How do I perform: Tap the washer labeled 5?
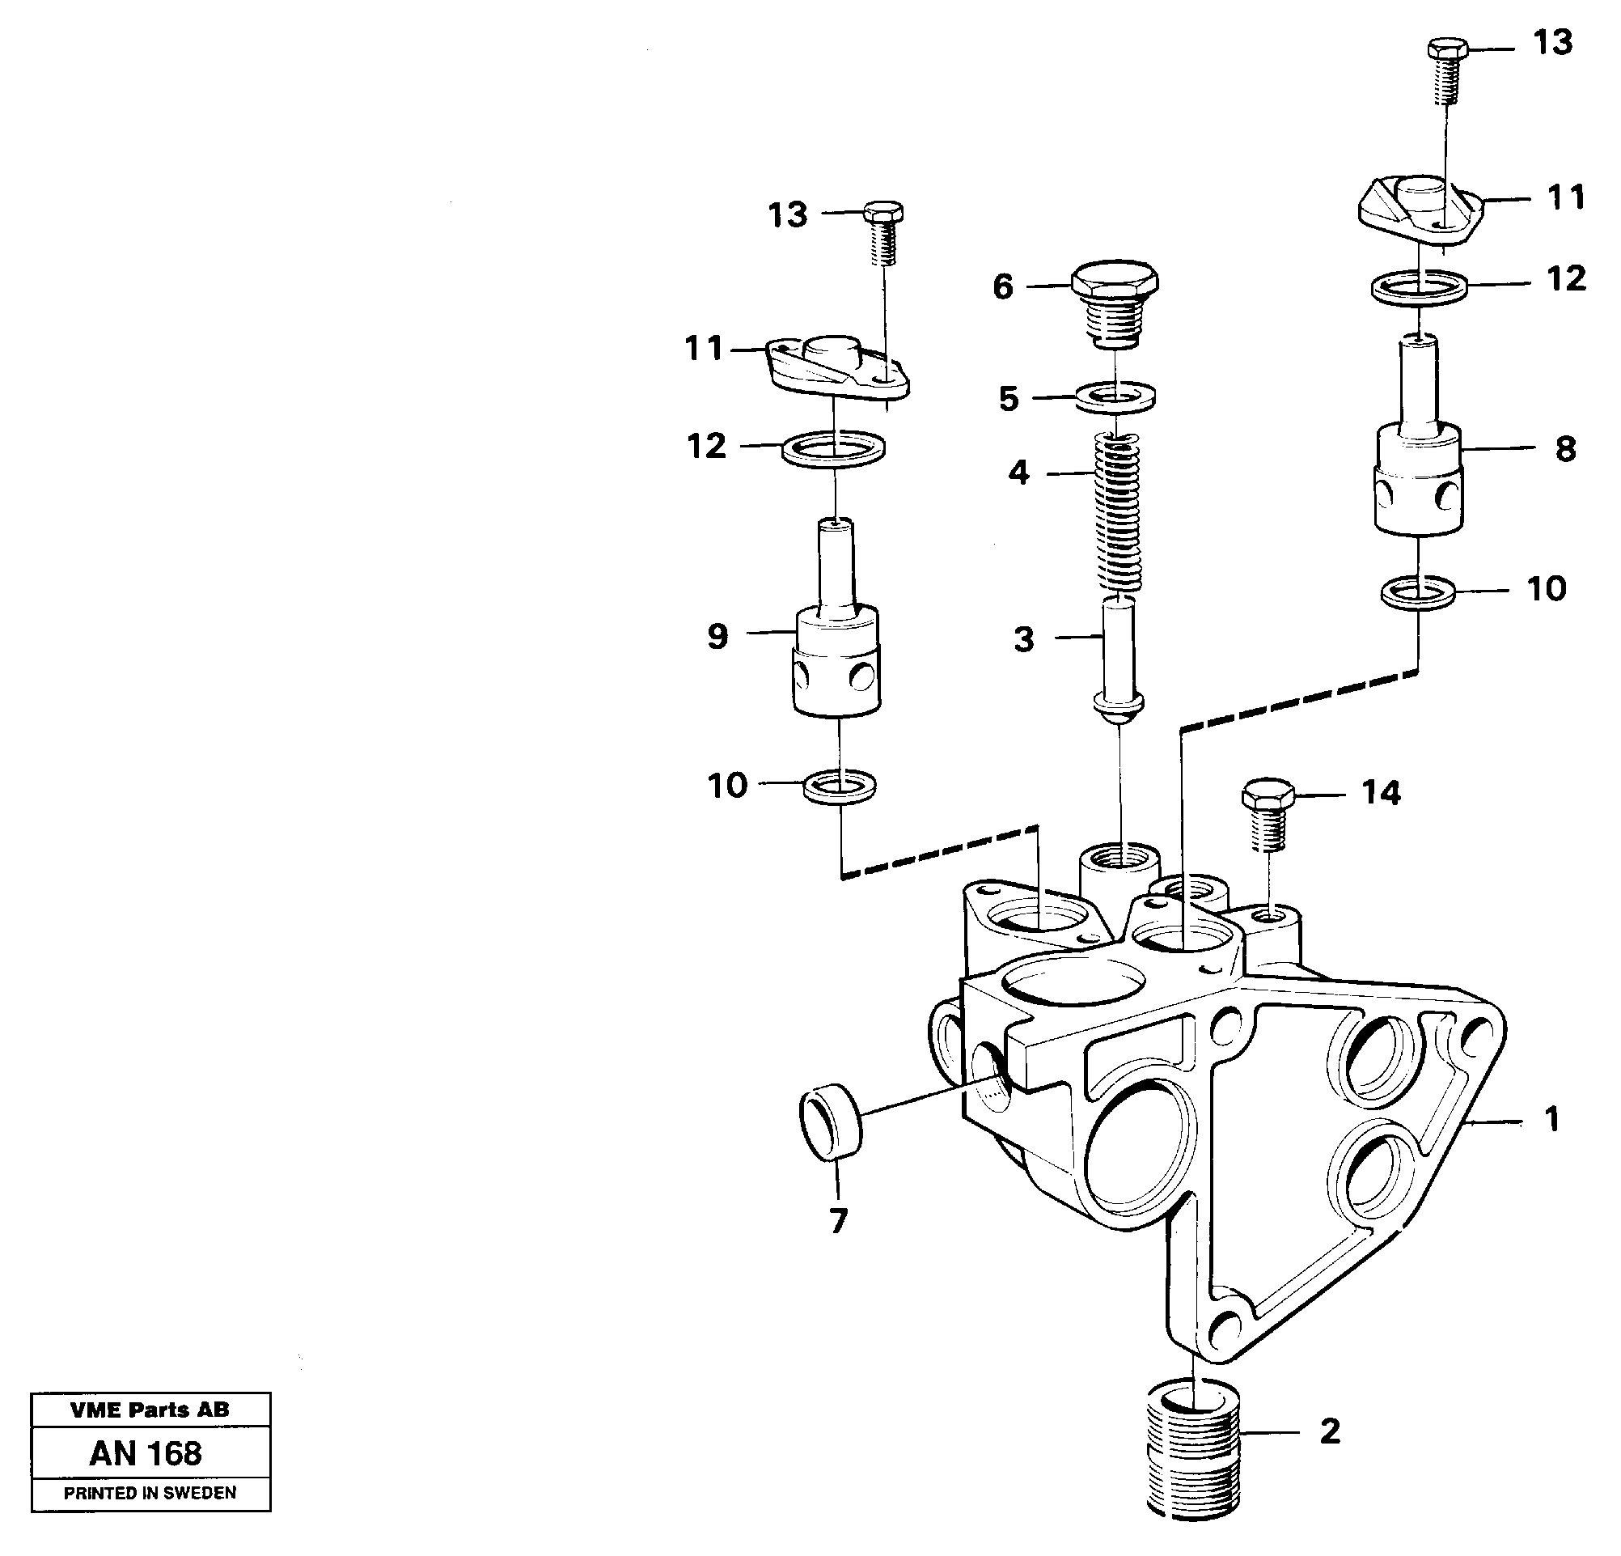(1115, 396)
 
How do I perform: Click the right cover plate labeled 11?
(1422, 212)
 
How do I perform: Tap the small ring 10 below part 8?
(1420, 592)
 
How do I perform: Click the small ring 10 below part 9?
(840, 785)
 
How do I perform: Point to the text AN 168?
(146, 1453)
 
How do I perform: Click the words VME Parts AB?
(150, 1410)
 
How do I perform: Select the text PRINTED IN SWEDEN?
(150, 1493)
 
